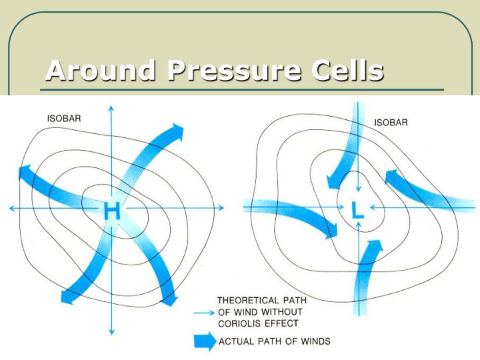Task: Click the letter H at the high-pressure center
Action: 112,211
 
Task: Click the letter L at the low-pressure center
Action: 358,210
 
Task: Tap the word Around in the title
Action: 100,71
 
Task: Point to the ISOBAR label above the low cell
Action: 391,123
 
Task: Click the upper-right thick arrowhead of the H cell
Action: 176,129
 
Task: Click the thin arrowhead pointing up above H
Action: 111,107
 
